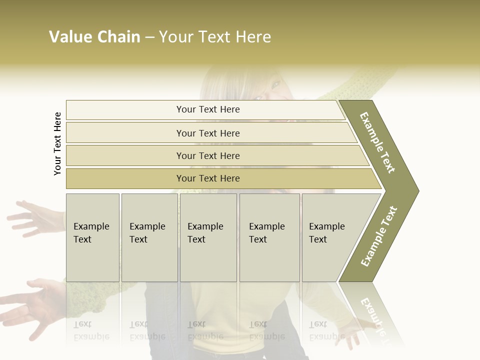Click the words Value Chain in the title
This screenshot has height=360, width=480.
[x=94, y=37]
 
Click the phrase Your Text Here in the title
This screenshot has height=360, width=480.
[x=215, y=37]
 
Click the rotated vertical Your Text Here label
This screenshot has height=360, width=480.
[x=57, y=143]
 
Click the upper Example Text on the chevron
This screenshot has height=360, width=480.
[x=377, y=142]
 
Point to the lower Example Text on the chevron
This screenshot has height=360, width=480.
[x=379, y=236]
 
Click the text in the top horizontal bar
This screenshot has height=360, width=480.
[x=208, y=109]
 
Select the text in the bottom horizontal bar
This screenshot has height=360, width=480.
[x=208, y=178]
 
